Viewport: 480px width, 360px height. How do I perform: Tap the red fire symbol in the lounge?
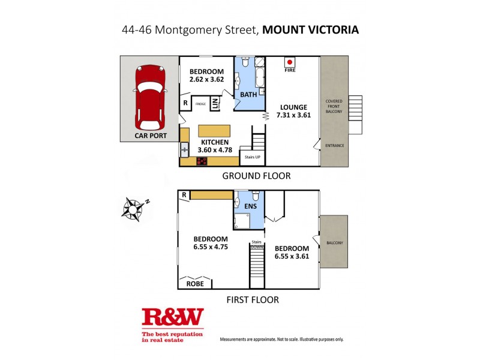289,61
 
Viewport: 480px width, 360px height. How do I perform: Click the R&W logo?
172,318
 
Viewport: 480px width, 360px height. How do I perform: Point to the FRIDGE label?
201,104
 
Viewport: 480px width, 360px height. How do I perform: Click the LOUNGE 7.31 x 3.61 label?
293,112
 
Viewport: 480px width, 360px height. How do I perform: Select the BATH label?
248,95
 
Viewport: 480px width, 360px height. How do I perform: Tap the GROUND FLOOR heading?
256,176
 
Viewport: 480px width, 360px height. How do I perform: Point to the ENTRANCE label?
334,146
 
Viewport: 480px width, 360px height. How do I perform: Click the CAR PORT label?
149,137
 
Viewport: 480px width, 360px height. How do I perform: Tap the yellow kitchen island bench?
214,131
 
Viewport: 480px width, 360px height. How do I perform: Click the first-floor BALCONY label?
334,242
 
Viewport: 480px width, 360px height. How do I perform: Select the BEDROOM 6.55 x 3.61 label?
292,252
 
